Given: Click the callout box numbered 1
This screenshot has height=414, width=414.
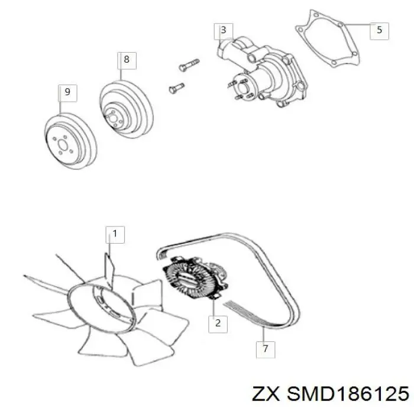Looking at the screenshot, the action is pos(115,234).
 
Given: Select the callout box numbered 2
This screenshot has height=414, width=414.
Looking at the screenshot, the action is pos(218,324).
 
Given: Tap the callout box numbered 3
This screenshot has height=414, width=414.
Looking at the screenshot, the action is pos(224,31).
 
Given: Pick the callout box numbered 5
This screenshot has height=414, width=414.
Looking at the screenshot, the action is pos(379,31).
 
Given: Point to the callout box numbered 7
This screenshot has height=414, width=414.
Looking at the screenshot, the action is pos(266,350).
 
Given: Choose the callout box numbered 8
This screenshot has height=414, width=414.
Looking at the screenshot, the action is pos(127,61).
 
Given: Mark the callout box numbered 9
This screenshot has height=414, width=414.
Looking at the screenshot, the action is pos(67,93).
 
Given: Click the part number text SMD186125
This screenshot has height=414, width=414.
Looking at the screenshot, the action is pos(348,394).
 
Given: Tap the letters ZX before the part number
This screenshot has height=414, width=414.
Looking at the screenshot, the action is pos(266,394).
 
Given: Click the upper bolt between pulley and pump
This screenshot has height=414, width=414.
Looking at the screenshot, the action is pos(189,64).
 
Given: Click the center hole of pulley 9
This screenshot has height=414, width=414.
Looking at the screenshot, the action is pos(63,145).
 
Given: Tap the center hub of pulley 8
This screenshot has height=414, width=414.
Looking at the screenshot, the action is pos(114,118).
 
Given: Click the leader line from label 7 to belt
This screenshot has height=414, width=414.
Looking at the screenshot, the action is pos(264,334).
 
